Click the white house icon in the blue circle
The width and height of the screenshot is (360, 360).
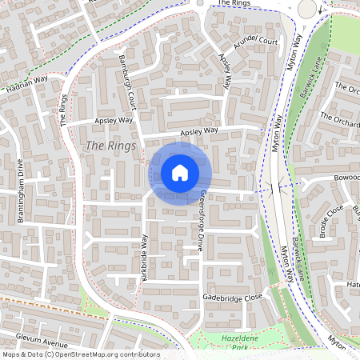[180, 173]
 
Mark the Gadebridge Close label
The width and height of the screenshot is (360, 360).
[233, 297]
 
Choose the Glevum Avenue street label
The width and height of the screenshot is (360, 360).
[34, 340]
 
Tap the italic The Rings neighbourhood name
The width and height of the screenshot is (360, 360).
[105, 146]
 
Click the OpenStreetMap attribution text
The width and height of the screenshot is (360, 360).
[80, 354]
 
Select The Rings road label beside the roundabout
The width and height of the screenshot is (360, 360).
[234, 3]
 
